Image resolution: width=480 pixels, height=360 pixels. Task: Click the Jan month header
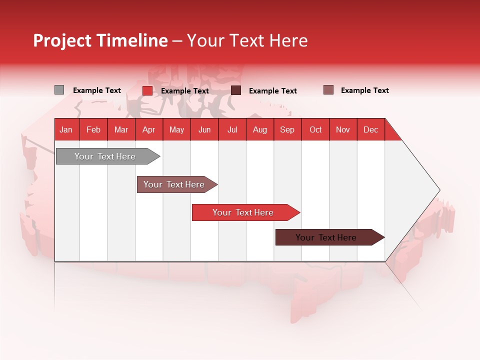point(66,129)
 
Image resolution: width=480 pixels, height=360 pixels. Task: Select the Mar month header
point(121,129)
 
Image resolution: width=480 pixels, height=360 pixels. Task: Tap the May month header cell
point(176,129)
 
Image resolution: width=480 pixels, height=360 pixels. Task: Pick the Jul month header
point(232,129)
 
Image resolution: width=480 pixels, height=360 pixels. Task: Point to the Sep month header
point(287,129)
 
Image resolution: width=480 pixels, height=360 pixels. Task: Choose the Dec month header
point(370,129)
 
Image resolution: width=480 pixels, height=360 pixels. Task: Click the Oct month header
point(315,129)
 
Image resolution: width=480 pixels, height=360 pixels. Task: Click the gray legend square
point(59,90)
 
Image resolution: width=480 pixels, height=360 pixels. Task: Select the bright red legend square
point(147,90)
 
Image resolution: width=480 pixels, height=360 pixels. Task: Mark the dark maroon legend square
point(236,90)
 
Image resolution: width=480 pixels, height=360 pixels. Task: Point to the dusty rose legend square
point(328,90)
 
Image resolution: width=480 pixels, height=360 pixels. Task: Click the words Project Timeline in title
point(100,40)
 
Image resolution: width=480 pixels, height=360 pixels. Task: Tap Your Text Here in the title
point(247,40)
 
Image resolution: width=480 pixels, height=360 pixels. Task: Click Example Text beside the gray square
point(97,90)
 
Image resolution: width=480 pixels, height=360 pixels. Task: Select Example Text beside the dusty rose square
point(364,90)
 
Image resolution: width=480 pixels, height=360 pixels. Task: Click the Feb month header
point(93,129)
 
